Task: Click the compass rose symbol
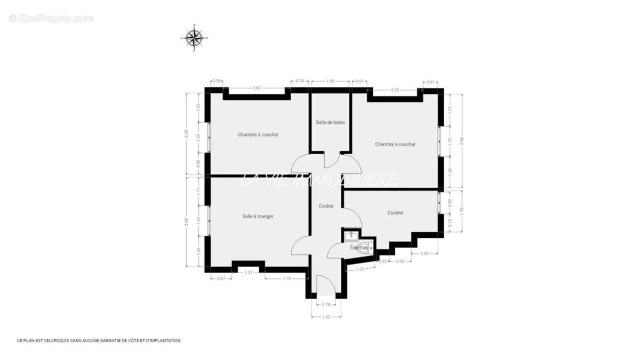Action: tap(194, 38)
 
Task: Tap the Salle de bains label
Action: tap(330, 122)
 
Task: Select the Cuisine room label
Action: tap(395, 213)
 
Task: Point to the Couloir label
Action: tap(326, 206)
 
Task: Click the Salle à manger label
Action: tap(258, 216)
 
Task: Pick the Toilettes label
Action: tap(358, 248)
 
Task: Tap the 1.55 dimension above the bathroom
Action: tap(331, 81)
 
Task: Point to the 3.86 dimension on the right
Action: tap(462, 140)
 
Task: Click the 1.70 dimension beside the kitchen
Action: tap(462, 210)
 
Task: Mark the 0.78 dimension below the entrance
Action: tap(326, 305)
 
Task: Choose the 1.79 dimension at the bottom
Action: tap(286, 278)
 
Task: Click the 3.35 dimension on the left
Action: tap(186, 134)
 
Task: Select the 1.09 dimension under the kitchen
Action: tap(425, 253)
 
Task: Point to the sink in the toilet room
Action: tap(351, 235)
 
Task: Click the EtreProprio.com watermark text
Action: tap(51, 19)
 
